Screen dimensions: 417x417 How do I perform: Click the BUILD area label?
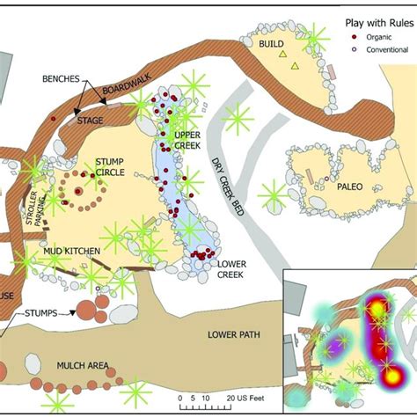pos(271,43)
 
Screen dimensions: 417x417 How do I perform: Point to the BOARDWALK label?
pos(120,91)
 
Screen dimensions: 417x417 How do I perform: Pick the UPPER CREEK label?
pos(189,140)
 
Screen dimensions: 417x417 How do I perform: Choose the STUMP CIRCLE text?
pos(111,167)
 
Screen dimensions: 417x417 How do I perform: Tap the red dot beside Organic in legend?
pos(354,37)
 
